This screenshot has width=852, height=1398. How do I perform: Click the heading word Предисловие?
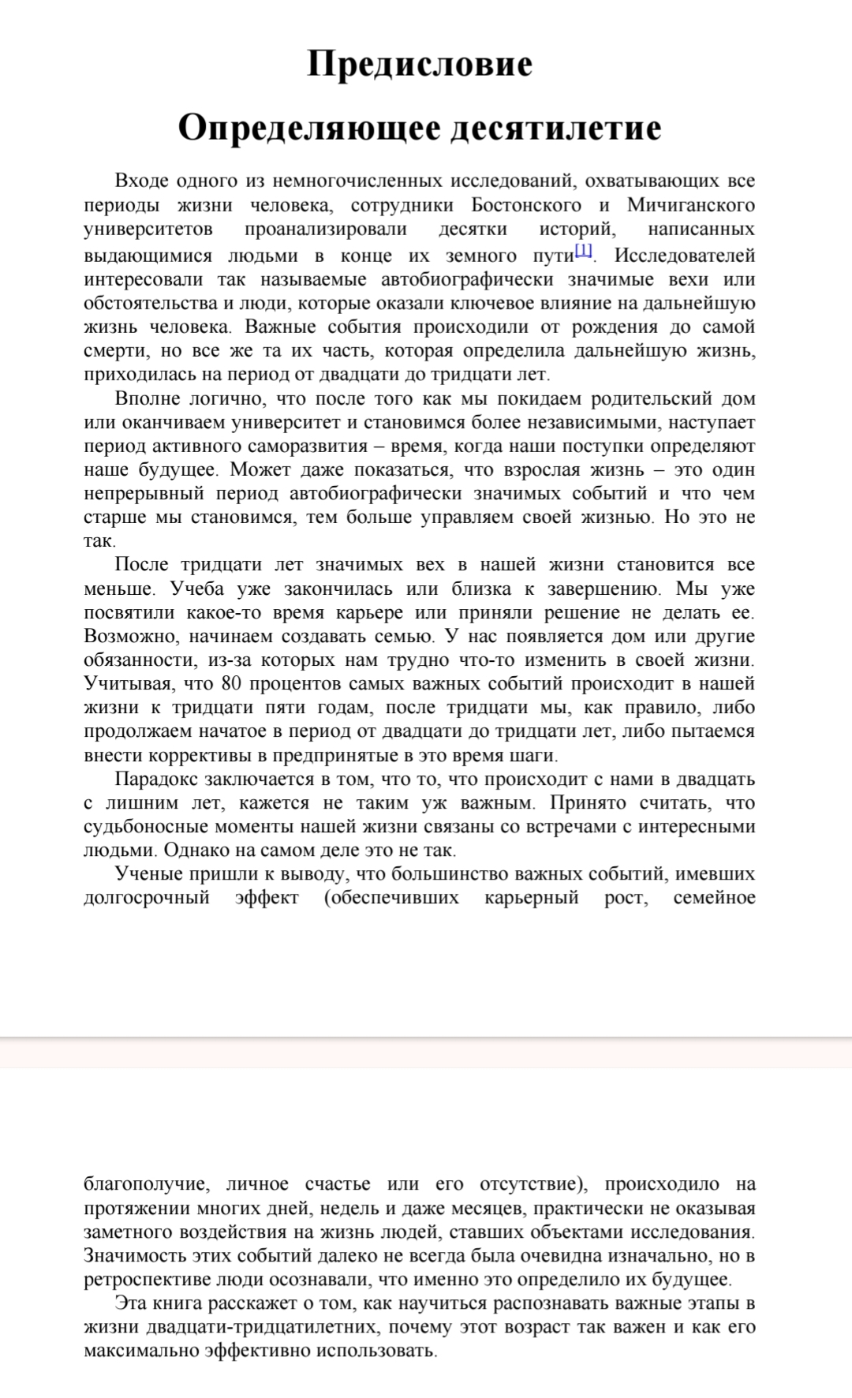[420, 64]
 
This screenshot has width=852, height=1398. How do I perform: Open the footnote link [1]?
[583, 252]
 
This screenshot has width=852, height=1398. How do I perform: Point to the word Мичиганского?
[691, 205]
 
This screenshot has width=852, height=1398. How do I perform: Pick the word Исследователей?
[684, 256]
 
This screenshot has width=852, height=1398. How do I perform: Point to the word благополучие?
[146, 1184]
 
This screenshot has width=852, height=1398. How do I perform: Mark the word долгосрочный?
[147, 898]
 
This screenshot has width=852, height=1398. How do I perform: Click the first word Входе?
[142, 181]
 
